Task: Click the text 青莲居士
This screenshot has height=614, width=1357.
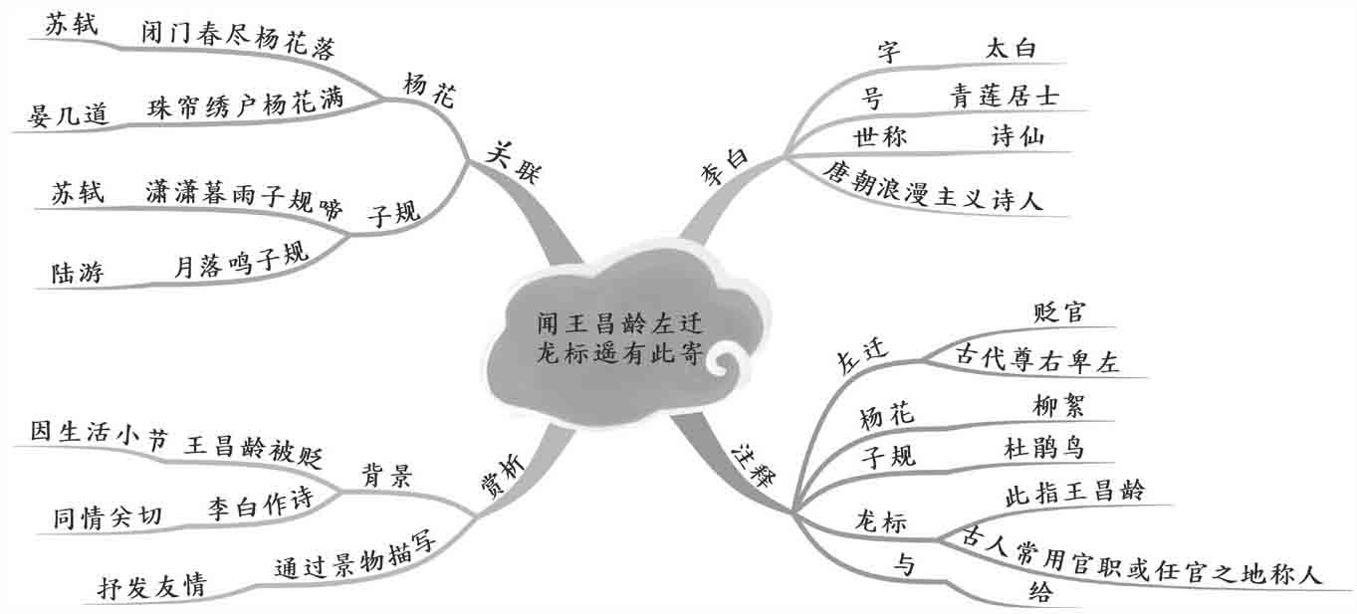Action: pyautogui.click(x=1004, y=97)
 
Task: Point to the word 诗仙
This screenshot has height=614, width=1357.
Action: pyautogui.click(x=1018, y=137)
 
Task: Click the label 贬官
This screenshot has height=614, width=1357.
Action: pyautogui.click(x=1058, y=312)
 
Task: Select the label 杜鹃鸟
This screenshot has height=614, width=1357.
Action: pyautogui.click(x=1045, y=449)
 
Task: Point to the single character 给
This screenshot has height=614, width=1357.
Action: pyautogui.click(x=1039, y=593)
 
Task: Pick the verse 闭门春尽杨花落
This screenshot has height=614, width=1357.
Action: pyautogui.click(x=237, y=44)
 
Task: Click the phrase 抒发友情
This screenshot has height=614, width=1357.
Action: pyautogui.click(x=151, y=586)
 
